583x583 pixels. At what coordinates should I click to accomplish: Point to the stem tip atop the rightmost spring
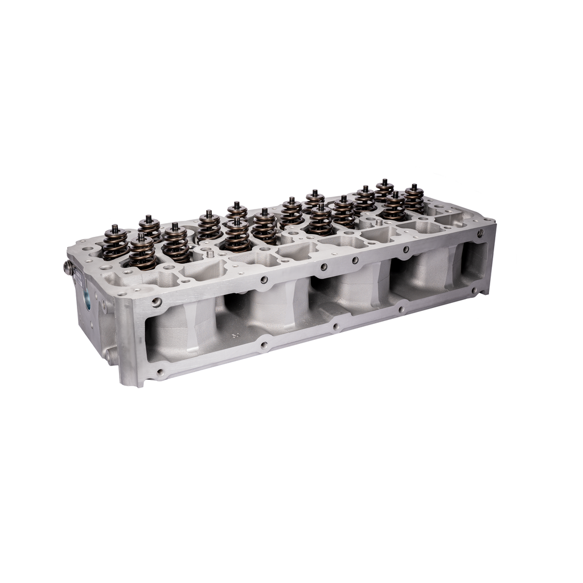coord(414,187)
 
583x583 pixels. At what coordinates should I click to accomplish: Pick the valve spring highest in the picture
coord(384,191)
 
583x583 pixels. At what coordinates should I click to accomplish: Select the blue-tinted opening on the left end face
coord(88,299)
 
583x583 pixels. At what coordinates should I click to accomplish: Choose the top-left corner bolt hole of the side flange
coord(157,302)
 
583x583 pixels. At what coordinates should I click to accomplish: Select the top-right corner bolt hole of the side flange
coord(481,233)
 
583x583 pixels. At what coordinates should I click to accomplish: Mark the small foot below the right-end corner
coord(485,293)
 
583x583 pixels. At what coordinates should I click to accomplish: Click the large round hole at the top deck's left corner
coord(86,248)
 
